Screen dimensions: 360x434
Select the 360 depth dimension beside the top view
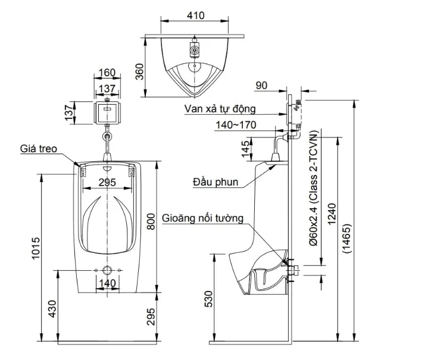pyautogui.click(x=140, y=72)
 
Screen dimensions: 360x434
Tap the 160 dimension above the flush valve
pyautogui.click(x=107, y=73)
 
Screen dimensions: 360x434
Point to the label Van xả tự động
pyautogui.click(x=220, y=109)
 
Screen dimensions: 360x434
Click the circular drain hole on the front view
pyautogui.click(x=107, y=270)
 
